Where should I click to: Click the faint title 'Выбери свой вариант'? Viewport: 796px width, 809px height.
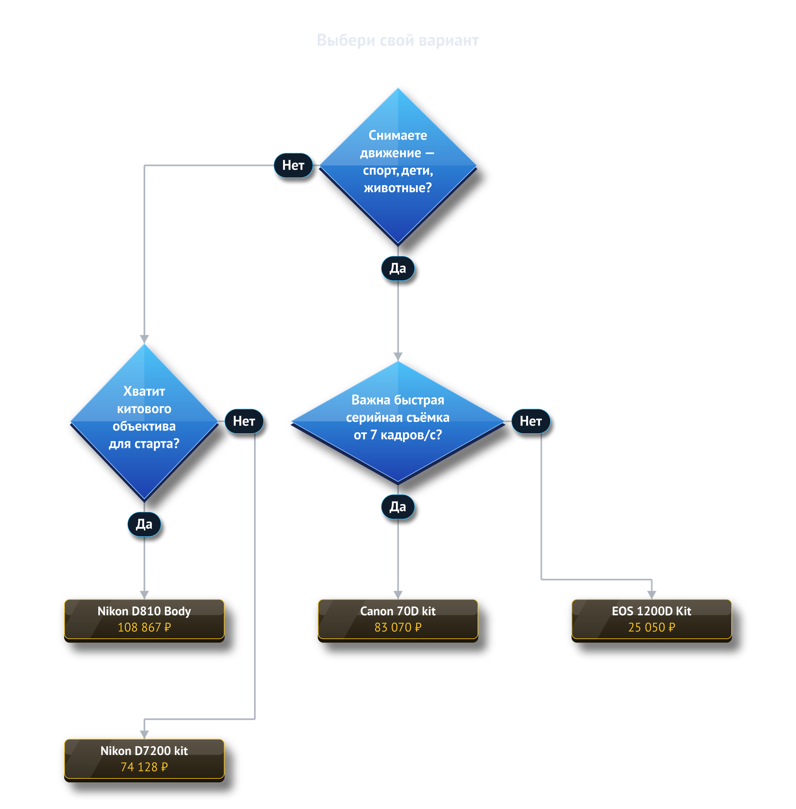(398, 40)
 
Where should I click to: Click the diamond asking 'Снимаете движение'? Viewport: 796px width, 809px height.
(398, 166)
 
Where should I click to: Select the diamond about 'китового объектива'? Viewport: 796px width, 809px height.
(144, 422)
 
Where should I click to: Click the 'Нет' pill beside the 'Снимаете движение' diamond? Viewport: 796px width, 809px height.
(293, 165)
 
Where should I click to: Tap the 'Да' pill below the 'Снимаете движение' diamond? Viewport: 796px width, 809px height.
(398, 268)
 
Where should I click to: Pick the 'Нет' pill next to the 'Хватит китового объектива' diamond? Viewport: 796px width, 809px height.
(244, 421)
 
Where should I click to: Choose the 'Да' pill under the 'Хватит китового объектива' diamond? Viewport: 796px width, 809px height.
(144, 524)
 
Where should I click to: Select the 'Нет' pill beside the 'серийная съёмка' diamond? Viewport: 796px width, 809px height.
(531, 421)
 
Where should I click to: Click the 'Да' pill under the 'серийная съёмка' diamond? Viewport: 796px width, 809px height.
(398, 507)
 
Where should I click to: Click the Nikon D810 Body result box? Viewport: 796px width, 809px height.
(144, 620)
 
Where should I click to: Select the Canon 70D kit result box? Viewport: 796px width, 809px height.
(398, 620)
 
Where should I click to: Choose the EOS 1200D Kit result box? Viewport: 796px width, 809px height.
(651, 620)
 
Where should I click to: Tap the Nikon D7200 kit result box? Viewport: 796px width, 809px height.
(144, 760)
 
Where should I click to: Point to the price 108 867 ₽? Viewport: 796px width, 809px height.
(144, 627)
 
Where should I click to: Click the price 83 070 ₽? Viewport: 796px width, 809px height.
(398, 627)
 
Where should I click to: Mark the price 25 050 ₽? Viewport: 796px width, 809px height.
(651, 627)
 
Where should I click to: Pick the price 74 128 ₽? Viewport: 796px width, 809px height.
(144, 767)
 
